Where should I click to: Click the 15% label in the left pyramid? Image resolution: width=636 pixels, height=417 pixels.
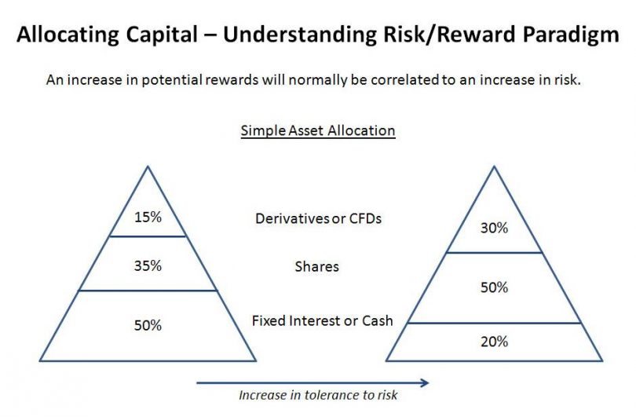(x=148, y=217)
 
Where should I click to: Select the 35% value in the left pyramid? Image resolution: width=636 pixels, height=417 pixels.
(x=148, y=265)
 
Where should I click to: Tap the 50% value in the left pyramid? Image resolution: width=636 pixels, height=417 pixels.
(x=148, y=324)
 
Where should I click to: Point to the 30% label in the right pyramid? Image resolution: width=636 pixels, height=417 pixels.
(x=494, y=229)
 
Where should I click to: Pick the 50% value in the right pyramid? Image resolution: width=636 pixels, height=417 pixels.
(x=494, y=287)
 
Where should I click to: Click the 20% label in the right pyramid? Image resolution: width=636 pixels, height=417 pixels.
(x=494, y=342)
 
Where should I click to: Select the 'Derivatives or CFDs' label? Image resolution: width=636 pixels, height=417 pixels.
(x=318, y=218)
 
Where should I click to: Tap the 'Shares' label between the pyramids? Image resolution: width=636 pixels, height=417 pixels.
(x=317, y=266)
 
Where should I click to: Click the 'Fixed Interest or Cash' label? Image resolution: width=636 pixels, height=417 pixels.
(x=322, y=320)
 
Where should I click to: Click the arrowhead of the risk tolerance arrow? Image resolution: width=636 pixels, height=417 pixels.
(x=425, y=382)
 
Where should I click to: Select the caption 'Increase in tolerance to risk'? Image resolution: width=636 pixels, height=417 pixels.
(x=318, y=396)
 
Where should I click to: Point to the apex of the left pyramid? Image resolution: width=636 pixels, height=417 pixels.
(x=147, y=166)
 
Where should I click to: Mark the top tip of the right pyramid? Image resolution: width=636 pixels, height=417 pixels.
(x=494, y=166)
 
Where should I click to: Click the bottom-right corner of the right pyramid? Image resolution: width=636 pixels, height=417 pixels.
(x=601, y=360)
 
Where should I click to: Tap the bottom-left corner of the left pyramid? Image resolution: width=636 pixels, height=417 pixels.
(x=38, y=360)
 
